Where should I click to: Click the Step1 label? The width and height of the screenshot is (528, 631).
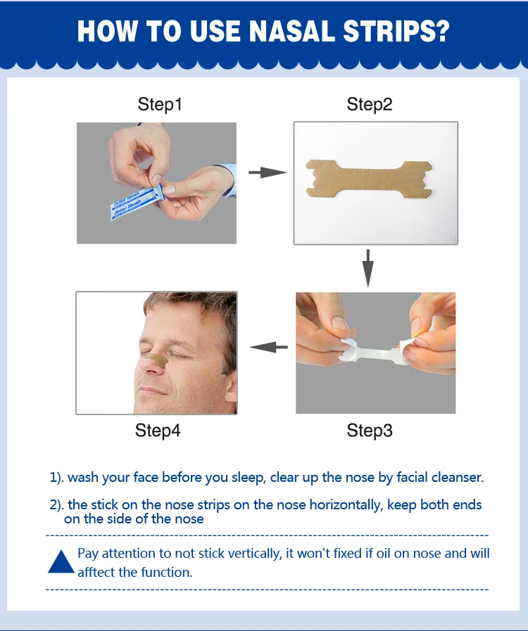coord(160,105)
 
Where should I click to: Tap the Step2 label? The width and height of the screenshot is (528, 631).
coord(370,105)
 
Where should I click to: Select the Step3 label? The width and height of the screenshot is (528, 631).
coord(370,431)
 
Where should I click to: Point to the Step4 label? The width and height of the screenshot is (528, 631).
coord(158,431)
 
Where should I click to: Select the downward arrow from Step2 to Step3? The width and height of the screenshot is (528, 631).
coord(367,268)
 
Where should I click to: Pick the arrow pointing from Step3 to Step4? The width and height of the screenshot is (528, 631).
coord(270,346)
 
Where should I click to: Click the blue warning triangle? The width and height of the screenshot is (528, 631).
coord(61,562)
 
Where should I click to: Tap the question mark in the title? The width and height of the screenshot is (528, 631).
coord(442,32)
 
